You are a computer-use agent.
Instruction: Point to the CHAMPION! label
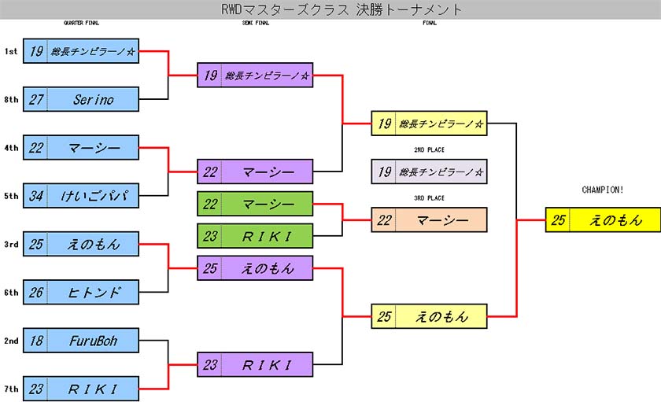click(603, 190)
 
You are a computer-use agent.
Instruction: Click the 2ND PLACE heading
click(429, 149)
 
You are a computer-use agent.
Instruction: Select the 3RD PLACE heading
click(429, 197)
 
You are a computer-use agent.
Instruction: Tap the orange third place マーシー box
click(429, 219)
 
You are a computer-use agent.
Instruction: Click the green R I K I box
click(255, 235)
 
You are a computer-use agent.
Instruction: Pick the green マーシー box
click(255, 204)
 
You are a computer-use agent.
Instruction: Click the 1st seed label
click(11, 51)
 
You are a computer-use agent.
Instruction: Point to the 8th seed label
click(11, 99)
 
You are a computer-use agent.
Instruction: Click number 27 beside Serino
click(36, 99)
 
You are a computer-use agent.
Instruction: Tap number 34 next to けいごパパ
click(36, 195)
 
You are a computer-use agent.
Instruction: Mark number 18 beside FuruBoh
click(36, 340)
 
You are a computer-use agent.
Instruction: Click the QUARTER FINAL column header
click(81, 24)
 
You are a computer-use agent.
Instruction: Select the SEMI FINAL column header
click(255, 24)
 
